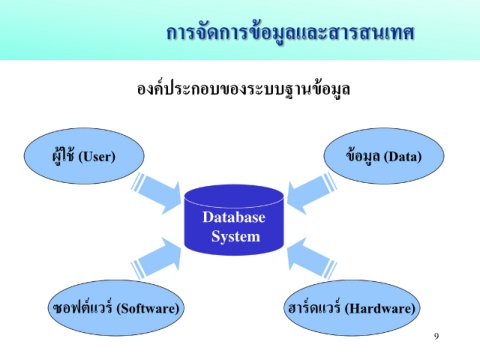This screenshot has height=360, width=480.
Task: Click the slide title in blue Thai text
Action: [290, 34]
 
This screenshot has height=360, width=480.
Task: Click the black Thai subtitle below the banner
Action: [243, 89]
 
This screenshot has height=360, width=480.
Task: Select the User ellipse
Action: [84, 156]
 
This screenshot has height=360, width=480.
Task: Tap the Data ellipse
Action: [384, 156]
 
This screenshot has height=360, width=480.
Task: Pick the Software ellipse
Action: [116, 308]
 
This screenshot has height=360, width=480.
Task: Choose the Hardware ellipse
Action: [352, 308]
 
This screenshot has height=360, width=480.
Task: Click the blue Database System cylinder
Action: [234, 220]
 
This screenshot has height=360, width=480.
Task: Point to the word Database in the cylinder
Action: [234, 217]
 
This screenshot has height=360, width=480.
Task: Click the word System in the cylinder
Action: [235, 237]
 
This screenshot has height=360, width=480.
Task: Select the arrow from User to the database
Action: [156, 193]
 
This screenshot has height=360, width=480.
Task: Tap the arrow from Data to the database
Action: [312, 193]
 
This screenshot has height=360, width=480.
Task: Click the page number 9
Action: [436, 336]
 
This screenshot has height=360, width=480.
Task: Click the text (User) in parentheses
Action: [97, 157]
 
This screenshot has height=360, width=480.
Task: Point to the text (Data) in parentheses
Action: [403, 157]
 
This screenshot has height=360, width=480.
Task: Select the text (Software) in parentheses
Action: [148, 308]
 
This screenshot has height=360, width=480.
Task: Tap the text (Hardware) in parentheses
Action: [380, 308]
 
